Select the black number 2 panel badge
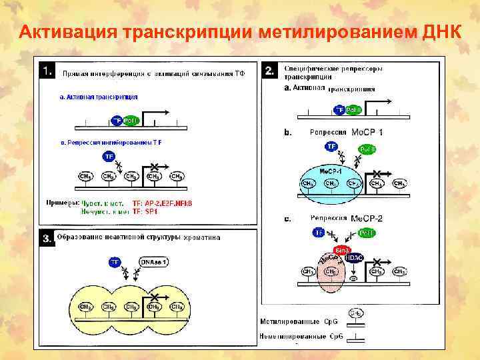point(269,69)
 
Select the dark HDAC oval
point(354,257)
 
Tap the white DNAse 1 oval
point(153,262)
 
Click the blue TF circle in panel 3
point(115,262)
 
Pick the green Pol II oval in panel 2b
point(367,149)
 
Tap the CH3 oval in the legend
point(357,312)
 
